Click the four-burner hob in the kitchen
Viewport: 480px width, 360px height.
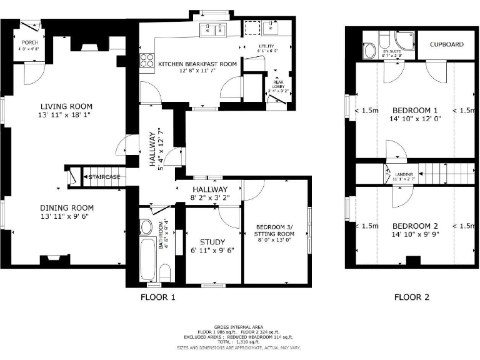(x=147, y=61)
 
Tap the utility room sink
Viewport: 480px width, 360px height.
(x=271, y=28)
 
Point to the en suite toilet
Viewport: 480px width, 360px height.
(x=369, y=49)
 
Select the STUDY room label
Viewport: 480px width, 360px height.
(x=212, y=242)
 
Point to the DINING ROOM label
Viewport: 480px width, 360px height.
(x=67, y=208)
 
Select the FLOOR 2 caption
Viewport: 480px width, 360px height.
(x=412, y=297)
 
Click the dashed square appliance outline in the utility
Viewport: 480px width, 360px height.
(x=251, y=28)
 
